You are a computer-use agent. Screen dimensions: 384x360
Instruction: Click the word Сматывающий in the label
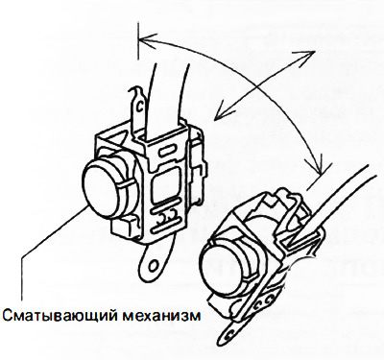60,316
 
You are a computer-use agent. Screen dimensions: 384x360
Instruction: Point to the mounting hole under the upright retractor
155,265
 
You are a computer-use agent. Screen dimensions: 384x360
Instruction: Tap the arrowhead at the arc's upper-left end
148,39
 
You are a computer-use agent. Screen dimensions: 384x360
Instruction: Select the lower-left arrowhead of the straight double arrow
221,112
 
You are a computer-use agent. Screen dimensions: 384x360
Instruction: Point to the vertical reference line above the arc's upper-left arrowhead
138,42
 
